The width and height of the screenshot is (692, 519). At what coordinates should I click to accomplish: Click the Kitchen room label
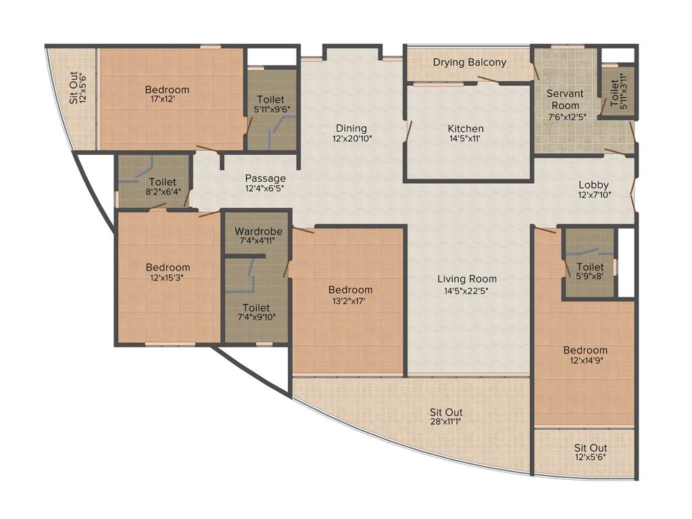point(466,128)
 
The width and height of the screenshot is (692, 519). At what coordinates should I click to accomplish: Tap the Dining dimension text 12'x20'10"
point(351,138)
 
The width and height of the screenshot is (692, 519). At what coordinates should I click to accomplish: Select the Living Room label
point(466,278)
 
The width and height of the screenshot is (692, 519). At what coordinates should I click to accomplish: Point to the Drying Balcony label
point(470,62)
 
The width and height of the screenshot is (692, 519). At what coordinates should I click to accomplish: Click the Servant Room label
point(565,99)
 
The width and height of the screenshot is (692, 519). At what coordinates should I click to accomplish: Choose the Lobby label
point(593,184)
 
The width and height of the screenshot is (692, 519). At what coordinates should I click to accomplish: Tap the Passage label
point(265,178)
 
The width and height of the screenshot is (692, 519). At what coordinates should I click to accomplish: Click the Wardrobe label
point(259,231)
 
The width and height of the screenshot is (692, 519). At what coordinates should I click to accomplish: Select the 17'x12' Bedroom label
point(167,90)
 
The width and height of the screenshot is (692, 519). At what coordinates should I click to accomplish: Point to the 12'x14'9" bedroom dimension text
point(585,361)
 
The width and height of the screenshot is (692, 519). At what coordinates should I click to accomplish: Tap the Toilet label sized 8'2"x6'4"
point(162,182)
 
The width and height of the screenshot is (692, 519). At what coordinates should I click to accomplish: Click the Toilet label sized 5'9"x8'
point(590,267)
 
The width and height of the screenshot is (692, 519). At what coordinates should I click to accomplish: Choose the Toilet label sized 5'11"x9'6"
point(270,99)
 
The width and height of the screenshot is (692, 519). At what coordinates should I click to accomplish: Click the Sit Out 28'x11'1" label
point(446,412)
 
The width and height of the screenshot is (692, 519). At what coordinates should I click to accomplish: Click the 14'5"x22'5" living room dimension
point(466,291)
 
